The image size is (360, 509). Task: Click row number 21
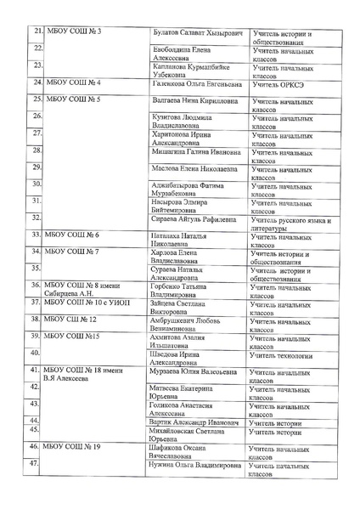(x=37, y=32)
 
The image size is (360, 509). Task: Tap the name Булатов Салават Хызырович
(x=197, y=33)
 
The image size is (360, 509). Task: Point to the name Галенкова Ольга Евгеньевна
(x=197, y=84)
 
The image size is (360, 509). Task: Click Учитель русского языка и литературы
(x=290, y=223)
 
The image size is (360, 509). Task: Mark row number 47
(x=36, y=464)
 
